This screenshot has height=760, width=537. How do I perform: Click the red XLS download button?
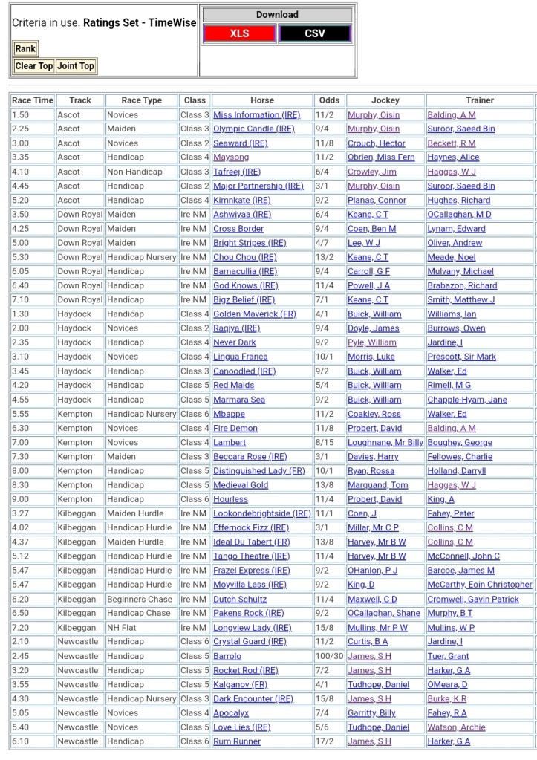[239, 33]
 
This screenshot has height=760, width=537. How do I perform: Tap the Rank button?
[25, 49]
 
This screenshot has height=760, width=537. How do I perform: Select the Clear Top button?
[34, 66]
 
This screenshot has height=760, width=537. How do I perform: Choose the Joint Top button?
[76, 66]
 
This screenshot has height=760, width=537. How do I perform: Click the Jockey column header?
[385, 100]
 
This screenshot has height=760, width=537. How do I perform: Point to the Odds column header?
[329, 100]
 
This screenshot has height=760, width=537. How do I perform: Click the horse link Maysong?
[231, 157]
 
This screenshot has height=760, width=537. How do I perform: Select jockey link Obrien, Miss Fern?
[381, 157]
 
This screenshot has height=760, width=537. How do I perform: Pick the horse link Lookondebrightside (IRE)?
[262, 514]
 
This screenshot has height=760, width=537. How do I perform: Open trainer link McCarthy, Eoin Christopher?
[480, 585]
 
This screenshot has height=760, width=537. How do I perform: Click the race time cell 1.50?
[21, 115]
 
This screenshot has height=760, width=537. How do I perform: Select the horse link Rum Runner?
[237, 741]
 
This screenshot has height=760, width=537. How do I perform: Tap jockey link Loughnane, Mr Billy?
[385, 443]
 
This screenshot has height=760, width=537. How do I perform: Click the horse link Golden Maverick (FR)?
[255, 314]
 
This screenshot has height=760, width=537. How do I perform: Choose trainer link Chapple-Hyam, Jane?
[467, 400]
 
